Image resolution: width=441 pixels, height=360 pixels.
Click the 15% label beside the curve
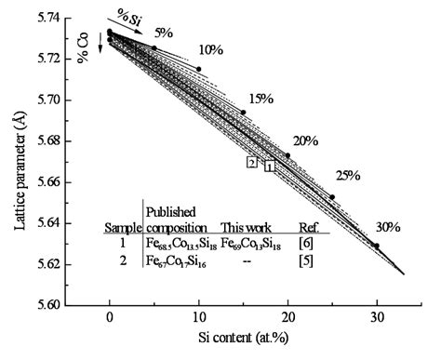coord(261,99)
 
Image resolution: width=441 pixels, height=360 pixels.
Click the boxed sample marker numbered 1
coord(269,167)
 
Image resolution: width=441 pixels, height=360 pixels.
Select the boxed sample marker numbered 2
coord(252,161)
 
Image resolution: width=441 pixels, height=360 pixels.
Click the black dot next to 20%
coord(287,155)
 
